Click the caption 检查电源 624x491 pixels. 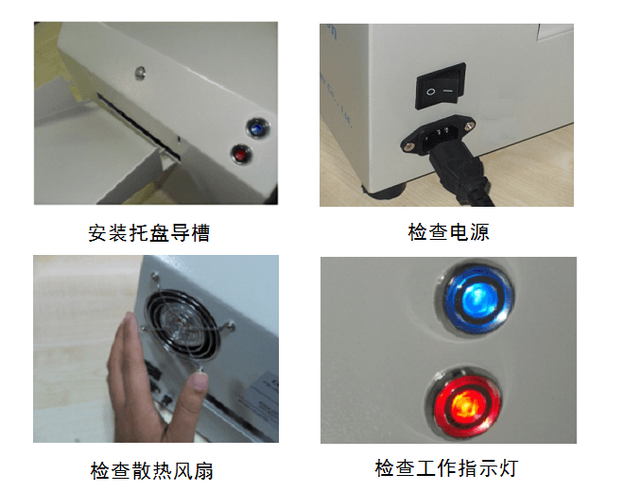pos(448,232)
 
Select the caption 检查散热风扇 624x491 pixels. pos(158,469)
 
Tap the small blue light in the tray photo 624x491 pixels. pos(255,126)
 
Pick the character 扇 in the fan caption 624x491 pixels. pos(217,469)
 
